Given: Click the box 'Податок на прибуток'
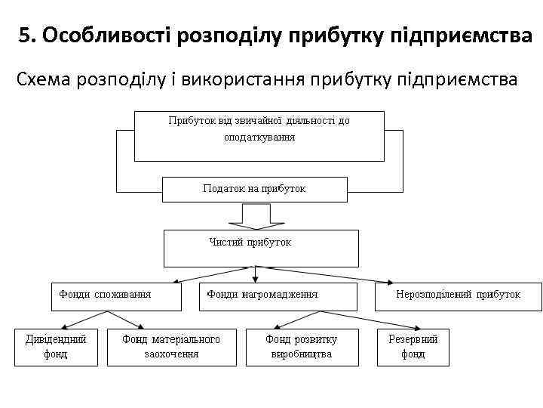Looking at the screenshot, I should [255, 189].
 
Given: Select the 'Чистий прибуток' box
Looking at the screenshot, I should [261, 248].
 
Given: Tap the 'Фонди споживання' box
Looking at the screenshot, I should [116, 296].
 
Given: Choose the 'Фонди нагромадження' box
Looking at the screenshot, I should [277, 296].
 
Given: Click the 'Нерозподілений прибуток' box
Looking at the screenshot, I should [458, 296].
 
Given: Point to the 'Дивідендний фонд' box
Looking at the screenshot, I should [56, 347].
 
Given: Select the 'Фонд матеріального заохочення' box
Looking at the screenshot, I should [171, 347].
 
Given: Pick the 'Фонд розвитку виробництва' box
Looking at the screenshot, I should [301, 347].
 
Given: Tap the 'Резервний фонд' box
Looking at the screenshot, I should [413, 347].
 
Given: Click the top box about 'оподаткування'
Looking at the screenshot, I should [259, 136].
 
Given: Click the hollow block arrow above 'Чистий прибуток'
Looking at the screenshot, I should [256, 215].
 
